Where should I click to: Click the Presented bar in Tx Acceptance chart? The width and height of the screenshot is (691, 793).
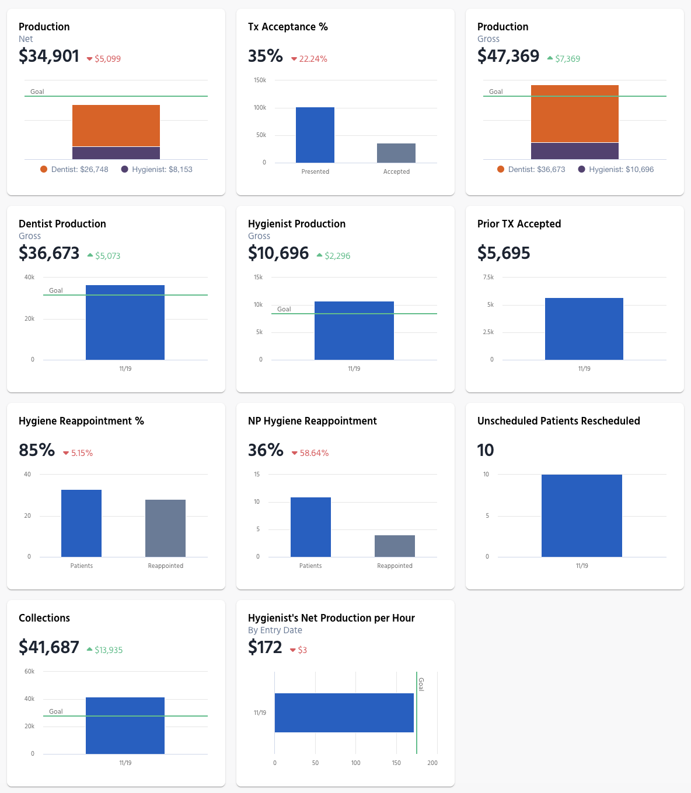[x=315, y=135]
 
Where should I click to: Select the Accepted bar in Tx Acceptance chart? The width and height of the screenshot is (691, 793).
[x=396, y=153]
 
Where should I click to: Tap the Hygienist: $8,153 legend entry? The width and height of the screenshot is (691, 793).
[x=157, y=170]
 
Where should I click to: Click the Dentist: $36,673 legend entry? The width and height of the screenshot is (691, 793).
[x=531, y=170]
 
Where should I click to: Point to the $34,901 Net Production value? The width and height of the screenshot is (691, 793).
[x=49, y=56]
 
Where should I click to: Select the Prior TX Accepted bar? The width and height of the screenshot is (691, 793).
[x=584, y=329]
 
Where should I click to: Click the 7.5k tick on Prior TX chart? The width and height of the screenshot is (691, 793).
[x=488, y=278]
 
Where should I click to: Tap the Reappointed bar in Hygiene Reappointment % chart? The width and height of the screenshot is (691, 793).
[x=166, y=528]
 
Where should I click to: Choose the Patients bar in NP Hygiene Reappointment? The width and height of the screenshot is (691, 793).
[x=310, y=527]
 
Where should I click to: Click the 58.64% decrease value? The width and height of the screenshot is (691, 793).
[x=314, y=453]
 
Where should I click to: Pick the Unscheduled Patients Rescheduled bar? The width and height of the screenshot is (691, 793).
[x=582, y=515]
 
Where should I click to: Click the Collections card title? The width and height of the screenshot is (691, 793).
[x=44, y=618]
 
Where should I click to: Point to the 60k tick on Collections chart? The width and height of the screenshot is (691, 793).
[x=30, y=672]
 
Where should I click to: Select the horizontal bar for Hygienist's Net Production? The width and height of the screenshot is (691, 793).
[x=344, y=713]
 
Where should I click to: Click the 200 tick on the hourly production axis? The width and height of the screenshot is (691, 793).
[x=432, y=763]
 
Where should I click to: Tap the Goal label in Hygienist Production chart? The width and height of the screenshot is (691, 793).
[x=284, y=309]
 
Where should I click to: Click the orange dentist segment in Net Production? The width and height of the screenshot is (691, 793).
[x=116, y=125]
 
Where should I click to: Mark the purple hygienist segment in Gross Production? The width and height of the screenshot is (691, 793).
[x=575, y=151]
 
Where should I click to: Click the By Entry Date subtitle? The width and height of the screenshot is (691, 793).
[x=275, y=630]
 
